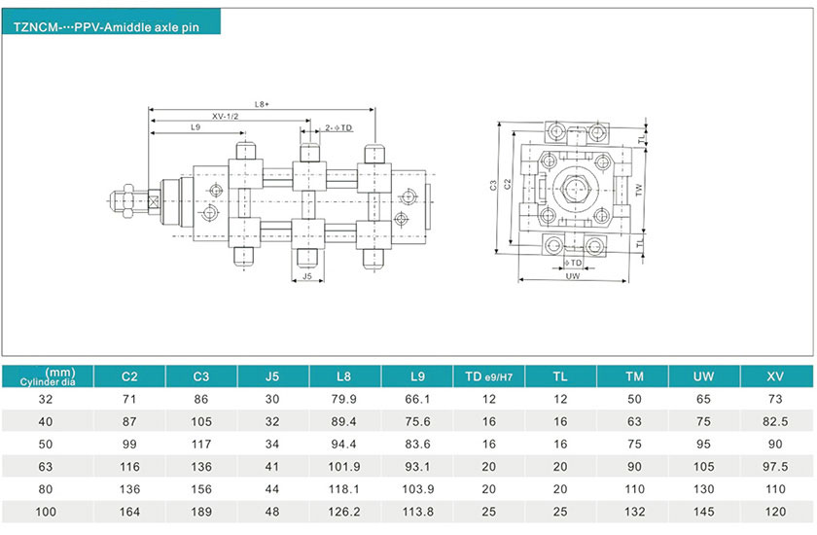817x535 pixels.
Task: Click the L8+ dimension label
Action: click(262, 103)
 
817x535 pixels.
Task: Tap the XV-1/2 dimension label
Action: click(226, 116)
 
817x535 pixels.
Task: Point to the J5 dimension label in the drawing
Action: click(307, 276)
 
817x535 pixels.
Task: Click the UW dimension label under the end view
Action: click(574, 276)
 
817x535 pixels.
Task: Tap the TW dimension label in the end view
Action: click(639, 191)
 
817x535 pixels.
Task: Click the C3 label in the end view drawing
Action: click(494, 184)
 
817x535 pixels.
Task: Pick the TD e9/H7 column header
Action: click(489, 376)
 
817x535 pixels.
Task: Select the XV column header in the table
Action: click(775, 376)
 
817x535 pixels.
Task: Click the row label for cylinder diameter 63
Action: click(47, 466)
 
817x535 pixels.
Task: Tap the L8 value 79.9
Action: click(345, 399)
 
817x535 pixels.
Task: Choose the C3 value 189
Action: click(201, 512)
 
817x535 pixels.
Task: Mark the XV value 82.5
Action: click(775, 421)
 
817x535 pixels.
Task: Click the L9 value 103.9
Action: click(417, 488)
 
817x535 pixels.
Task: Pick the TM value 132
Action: click(632, 512)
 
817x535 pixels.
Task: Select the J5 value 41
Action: click(273, 466)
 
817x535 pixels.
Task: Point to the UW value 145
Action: click(704, 512)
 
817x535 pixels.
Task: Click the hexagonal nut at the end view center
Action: click(575, 190)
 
